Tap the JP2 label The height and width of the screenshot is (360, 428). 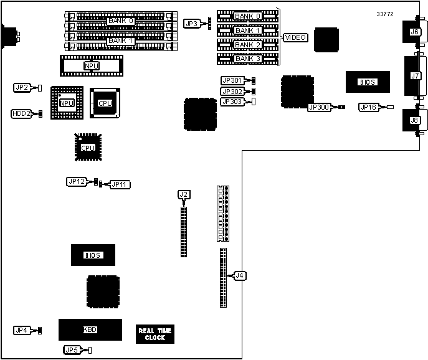pos(22,88)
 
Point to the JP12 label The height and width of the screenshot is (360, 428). pos(75,181)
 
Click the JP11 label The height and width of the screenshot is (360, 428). pos(120,184)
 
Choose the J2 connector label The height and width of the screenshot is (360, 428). pos(183,194)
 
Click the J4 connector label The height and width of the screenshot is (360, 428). pos(240,275)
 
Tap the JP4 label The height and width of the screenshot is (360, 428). pos(22,330)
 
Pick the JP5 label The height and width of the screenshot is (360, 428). pos(72,350)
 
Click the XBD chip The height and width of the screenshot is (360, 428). pos(90,329)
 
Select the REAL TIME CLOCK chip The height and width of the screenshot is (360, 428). pos(155,334)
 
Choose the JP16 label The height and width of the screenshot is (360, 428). pos(368,107)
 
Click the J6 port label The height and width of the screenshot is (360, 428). pos(414,32)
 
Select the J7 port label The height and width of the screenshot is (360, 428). pos(414,75)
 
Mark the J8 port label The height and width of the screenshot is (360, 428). pos(414,120)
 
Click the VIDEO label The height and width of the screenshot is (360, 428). pos(295,37)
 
